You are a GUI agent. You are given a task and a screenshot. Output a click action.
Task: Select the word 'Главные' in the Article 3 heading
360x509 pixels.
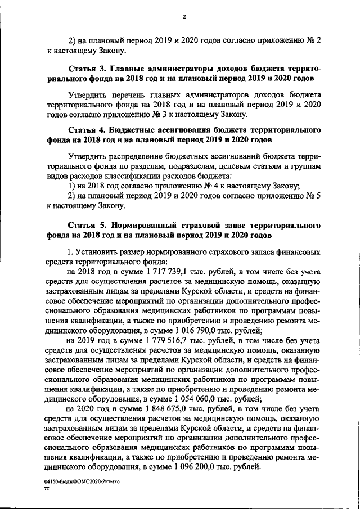[125, 69]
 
